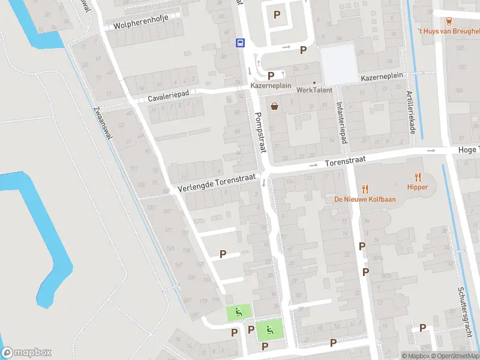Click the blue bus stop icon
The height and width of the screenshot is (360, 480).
pyautogui.click(x=240, y=42)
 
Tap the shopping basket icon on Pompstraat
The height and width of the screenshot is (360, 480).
pyautogui.click(x=274, y=107)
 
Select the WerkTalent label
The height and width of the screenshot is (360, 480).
pyautogui.click(x=314, y=90)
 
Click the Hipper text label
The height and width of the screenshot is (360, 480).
pyautogui.click(x=418, y=187)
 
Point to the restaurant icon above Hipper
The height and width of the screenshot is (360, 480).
pyautogui.click(x=418, y=177)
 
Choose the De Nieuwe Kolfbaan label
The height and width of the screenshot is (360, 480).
pyautogui.click(x=364, y=199)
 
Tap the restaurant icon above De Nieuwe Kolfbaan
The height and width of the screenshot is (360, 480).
pyautogui.click(x=364, y=188)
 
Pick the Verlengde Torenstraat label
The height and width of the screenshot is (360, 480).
pyautogui.click(x=217, y=184)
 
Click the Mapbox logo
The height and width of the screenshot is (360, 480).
pyautogui.click(x=27, y=353)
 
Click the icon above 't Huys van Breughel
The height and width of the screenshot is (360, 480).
pyautogui.click(x=449, y=20)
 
